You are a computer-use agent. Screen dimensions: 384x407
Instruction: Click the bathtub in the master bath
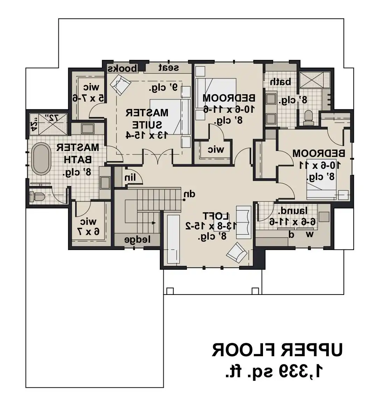coord(42,159)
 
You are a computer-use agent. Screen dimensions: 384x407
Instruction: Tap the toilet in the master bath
coord(37,196)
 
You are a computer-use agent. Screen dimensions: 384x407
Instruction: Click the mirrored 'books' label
coord(122,69)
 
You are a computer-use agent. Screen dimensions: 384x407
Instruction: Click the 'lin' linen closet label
coord(130,178)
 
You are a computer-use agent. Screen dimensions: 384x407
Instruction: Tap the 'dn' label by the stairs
coord(190,194)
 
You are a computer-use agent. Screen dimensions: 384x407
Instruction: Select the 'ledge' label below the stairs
coord(137,240)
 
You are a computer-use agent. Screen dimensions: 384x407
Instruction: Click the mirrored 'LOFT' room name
coord(216,216)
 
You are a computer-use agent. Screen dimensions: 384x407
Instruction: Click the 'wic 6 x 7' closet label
coord(88,227)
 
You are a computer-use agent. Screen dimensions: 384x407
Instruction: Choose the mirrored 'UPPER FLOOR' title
coord(277,350)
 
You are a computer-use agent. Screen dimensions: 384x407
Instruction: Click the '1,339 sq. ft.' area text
coord(275,371)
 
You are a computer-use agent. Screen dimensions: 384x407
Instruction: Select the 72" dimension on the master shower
coord(51,118)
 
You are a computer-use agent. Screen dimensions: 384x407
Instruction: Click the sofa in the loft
coord(243,222)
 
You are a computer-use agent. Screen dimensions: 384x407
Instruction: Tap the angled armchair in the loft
coord(236,253)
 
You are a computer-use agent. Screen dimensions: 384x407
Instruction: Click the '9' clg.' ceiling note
coord(163,88)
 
